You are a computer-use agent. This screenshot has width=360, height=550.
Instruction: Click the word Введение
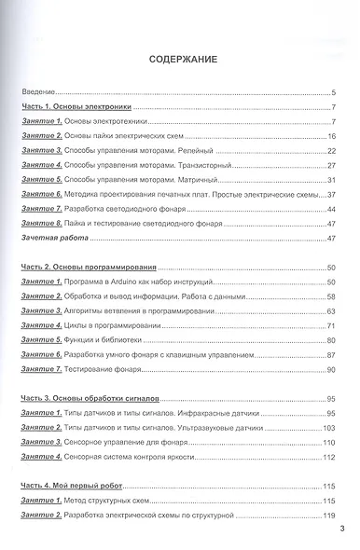tap(38, 93)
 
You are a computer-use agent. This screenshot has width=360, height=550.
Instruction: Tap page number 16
tap(331, 136)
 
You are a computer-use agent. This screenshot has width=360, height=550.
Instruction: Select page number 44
tap(331, 209)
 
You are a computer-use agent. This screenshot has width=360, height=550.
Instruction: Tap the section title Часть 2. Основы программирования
tap(89, 267)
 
